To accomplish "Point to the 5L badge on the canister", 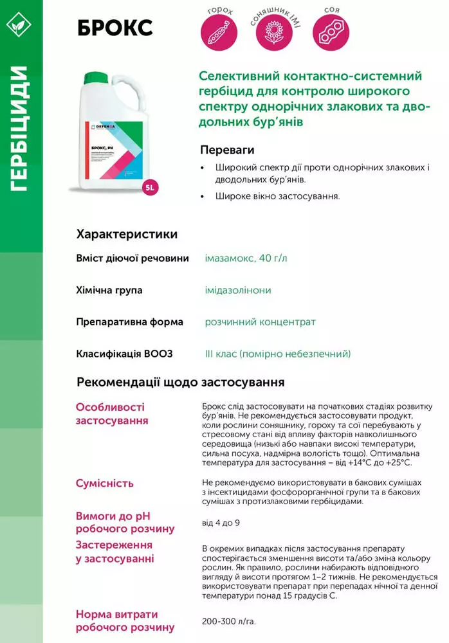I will tap(149, 188).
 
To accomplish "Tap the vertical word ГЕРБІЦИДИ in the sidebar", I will tap(21, 129).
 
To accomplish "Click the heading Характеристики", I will tap(127, 234).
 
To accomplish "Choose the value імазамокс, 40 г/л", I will tap(246, 258).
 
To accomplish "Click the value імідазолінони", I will tap(238, 290).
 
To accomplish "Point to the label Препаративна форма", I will tap(129, 321).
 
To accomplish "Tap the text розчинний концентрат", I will tap(260, 321).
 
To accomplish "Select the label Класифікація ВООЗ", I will tap(124, 354).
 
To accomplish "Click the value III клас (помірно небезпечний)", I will tap(277, 354).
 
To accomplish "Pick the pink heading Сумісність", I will tap(105, 483).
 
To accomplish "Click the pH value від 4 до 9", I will tap(221, 522).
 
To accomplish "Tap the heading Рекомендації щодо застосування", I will tap(181, 383).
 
